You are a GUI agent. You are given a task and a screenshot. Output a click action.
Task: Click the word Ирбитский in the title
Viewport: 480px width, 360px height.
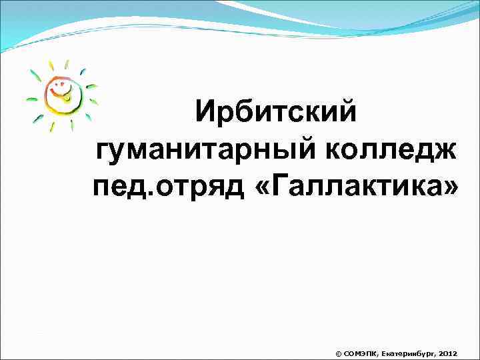point(276,111)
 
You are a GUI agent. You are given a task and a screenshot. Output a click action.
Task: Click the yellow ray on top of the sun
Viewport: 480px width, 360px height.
point(65,65)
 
